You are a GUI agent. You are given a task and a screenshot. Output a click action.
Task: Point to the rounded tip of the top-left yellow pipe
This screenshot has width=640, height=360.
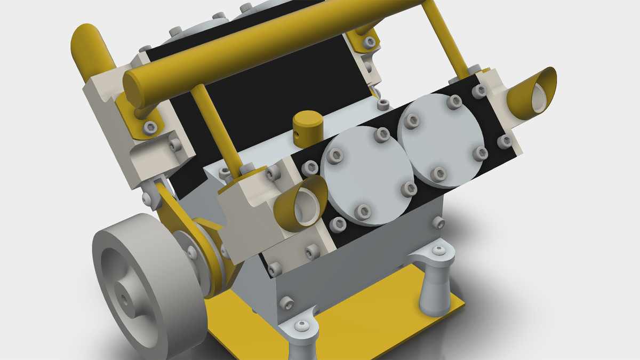tap(85, 37)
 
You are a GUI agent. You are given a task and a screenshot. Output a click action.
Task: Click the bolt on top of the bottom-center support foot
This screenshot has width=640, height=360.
tap(302, 325)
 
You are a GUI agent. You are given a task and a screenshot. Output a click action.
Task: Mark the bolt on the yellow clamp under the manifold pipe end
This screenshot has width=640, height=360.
tap(151, 126)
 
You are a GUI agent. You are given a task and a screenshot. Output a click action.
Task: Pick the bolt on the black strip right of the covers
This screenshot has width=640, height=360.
tap(505, 141)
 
